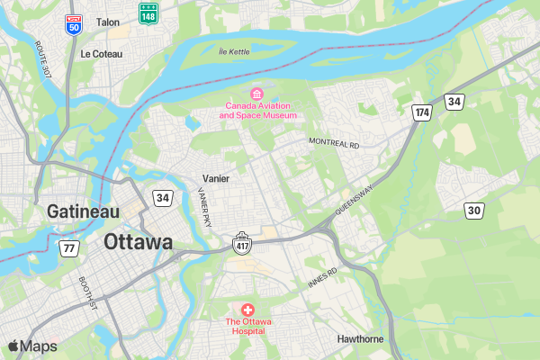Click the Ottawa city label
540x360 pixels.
pyautogui.click(x=138, y=242)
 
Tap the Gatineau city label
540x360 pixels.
pyautogui.click(x=83, y=211)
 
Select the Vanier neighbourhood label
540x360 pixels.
pyautogui.click(x=216, y=178)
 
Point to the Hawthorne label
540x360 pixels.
pyautogui.click(x=360, y=339)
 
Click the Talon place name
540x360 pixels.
pyautogui.click(x=107, y=22)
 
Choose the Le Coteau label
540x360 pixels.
pyautogui.click(x=100, y=53)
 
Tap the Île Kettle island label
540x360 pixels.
pyautogui.click(x=234, y=51)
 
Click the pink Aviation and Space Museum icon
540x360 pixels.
pyautogui.click(x=256, y=94)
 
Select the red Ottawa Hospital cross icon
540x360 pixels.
pyautogui.click(x=247, y=309)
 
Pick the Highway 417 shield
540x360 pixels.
pyautogui.click(x=241, y=243)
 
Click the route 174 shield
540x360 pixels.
pyautogui.click(x=422, y=112)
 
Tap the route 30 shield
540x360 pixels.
pyautogui.click(x=473, y=210)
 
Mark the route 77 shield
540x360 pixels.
pyautogui.click(x=69, y=247)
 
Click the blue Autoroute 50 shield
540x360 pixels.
pyautogui.click(x=73, y=23)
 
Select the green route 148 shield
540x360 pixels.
pyautogui.click(x=146, y=12)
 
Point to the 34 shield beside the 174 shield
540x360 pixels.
pyautogui.click(x=454, y=102)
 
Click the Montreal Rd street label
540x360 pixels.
pyautogui.click(x=333, y=143)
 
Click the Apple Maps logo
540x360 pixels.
pyautogui.click(x=32, y=346)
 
